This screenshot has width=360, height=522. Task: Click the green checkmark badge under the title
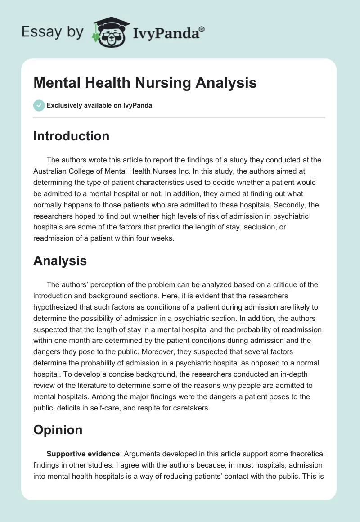tap(39, 105)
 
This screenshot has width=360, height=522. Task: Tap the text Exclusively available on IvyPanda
tap(99, 105)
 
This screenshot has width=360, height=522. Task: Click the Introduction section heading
tap(71, 136)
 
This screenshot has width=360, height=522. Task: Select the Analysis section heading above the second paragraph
tap(59, 260)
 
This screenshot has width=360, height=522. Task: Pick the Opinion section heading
tap(58, 429)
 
